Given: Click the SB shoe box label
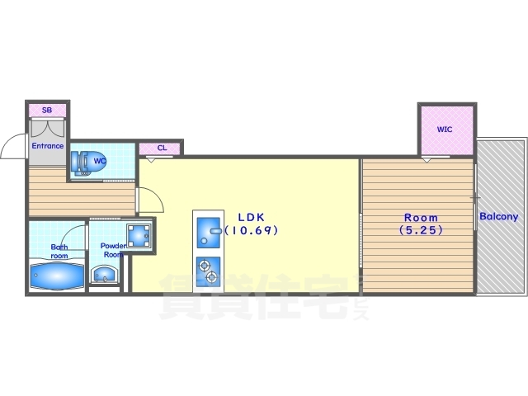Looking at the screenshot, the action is point(47,110).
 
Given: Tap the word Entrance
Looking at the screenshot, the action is point(48,146).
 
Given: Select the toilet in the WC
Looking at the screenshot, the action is point(81,163).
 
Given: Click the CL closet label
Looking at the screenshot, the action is point(162,148).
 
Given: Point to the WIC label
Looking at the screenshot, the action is point(445,130).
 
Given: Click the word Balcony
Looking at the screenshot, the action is point(498,216).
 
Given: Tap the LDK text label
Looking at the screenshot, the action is point(251,217).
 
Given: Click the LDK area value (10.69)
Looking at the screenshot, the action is point(251,230).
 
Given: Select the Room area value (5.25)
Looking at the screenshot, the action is point(421,230).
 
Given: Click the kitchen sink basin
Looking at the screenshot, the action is point(208,233).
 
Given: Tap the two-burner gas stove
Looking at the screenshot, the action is point(208,272).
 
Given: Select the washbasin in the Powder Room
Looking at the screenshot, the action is point(105,274).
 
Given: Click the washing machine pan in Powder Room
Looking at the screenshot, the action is point(139,235).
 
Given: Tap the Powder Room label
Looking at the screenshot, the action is point(114,250).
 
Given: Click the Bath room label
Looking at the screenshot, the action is point(59,251).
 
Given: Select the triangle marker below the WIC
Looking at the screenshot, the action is point(427,159).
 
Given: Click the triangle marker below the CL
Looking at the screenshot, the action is point(151,159).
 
